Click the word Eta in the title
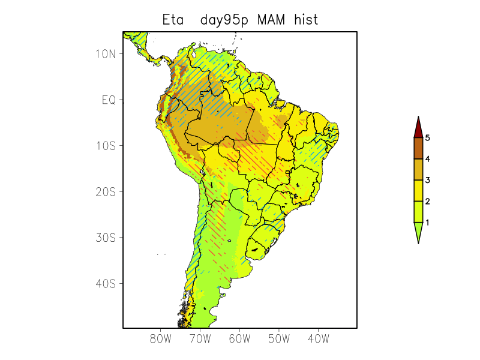click(174, 20)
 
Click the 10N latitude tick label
click(106, 54)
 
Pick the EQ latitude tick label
click(109, 100)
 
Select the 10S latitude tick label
click(106, 146)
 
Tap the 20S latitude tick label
click(106, 191)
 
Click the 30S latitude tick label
click(106, 238)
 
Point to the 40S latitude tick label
click(106, 283)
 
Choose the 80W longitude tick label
click(161, 338)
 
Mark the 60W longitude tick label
click(239, 338)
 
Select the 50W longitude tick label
click(279, 338)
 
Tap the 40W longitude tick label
click(318, 338)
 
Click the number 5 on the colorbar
click(428, 138)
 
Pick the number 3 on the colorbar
click(428, 180)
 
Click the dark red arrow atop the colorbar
click(418, 128)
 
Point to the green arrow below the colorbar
click(418, 232)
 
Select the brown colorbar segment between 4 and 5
click(418, 148)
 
